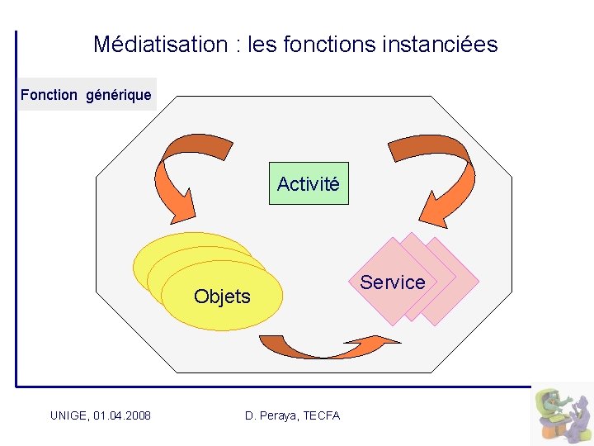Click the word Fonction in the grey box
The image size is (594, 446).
[49, 95]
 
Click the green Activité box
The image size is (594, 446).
[309, 183]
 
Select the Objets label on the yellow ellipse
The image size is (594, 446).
[222, 297]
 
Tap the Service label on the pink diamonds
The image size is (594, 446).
[393, 282]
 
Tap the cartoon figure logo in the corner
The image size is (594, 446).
[561, 413]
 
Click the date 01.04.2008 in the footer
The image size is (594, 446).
[123, 415]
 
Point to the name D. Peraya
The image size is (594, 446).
[271, 415]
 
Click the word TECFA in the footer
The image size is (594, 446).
[321, 415]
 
